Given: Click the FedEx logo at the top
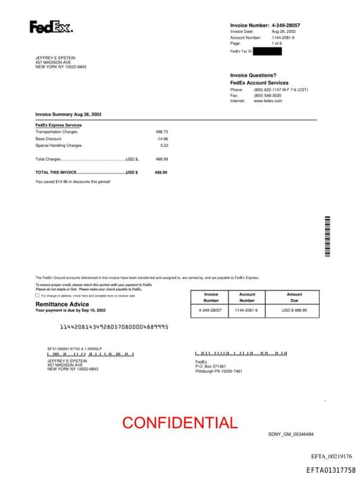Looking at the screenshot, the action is point(51,27).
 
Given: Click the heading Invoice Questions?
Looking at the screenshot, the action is point(253,75).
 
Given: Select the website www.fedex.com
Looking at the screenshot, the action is point(268,101).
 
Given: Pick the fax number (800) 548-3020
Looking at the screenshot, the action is point(267,95).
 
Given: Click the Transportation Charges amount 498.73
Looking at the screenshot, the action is point(162,132).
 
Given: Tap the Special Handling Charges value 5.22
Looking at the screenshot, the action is point(164,146).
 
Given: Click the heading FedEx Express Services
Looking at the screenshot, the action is point(58,125).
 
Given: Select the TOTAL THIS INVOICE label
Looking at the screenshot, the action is point(56,172).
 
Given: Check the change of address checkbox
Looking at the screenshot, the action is point(37,295).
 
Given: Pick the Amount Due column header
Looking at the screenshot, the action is point(294,297).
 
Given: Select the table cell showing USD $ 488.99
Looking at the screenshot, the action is point(295,310).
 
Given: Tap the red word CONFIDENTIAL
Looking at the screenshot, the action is point(180,423).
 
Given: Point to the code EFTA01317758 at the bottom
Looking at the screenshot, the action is point(330,470).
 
